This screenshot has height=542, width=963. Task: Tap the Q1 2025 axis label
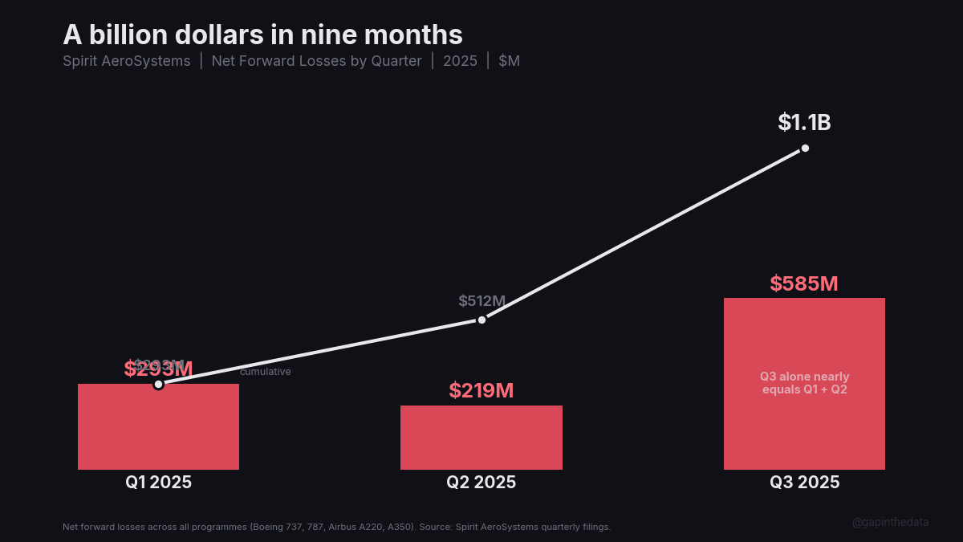coord(158,483)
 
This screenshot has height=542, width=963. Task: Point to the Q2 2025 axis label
coord(481,483)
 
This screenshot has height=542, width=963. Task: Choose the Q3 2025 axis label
coord(805,483)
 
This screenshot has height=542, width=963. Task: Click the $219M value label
coord(481,391)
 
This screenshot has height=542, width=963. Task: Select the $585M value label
coord(804,283)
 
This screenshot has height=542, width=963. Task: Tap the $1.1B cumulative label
coord(804,123)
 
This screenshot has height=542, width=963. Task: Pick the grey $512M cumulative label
coord(481,301)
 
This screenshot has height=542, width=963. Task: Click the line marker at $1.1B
coord(805,148)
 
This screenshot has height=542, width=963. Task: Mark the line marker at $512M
coord(481,320)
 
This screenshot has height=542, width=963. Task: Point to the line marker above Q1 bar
coord(158,384)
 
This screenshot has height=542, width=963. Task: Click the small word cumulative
coord(266,372)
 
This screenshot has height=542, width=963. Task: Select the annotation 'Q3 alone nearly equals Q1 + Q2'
coord(805,383)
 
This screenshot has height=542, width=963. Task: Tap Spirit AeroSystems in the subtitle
coord(127,61)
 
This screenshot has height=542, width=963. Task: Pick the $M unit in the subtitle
coord(509,61)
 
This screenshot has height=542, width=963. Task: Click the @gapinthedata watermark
coord(891,522)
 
